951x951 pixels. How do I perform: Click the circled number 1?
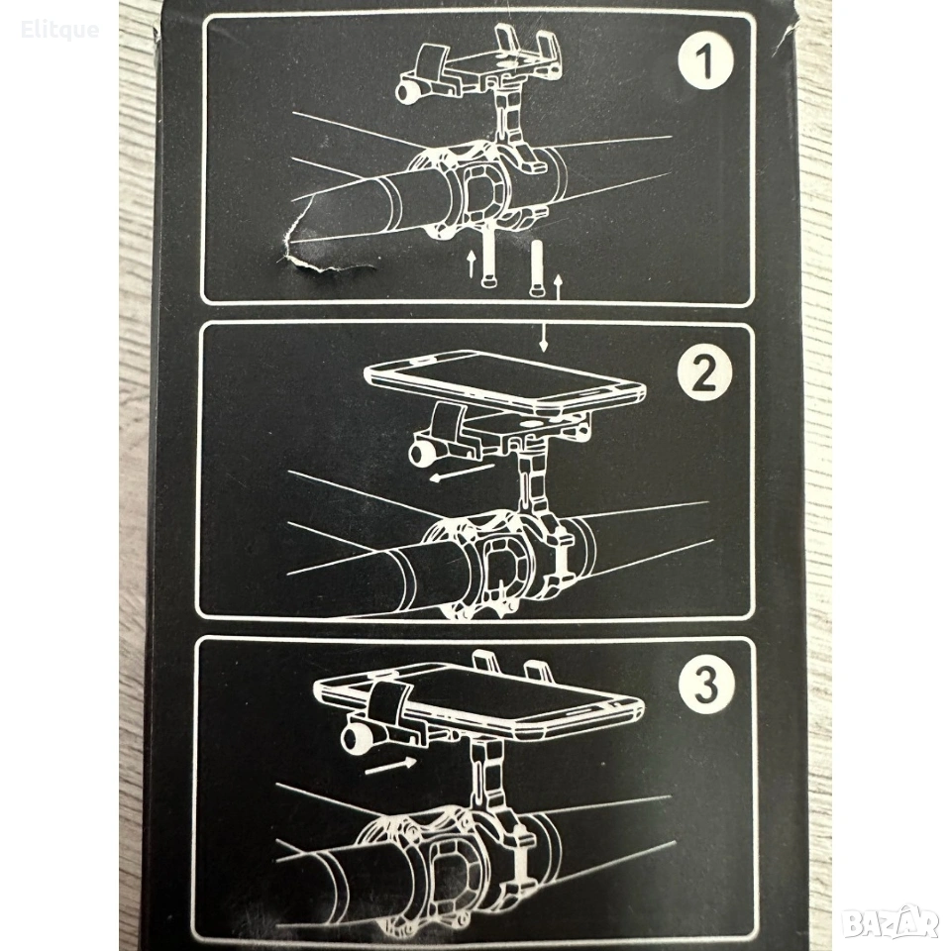[705, 60]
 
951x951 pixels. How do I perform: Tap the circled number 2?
[704, 373]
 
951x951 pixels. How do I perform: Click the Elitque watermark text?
[59, 29]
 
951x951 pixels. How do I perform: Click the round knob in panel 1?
[404, 91]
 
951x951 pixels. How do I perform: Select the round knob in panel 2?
[419, 453]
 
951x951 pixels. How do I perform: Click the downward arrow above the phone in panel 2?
[544, 337]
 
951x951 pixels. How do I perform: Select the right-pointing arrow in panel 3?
[391, 766]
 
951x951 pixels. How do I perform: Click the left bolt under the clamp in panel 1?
[488, 255]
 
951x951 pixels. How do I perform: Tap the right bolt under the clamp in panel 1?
[537, 268]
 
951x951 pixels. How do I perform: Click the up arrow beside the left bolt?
[471, 265]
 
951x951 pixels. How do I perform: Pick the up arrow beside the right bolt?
[559, 287]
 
